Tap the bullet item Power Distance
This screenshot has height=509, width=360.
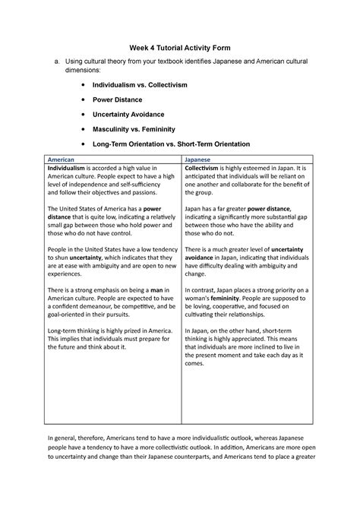(x=118, y=100)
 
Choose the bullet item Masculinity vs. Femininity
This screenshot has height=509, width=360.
(x=139, y=128)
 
